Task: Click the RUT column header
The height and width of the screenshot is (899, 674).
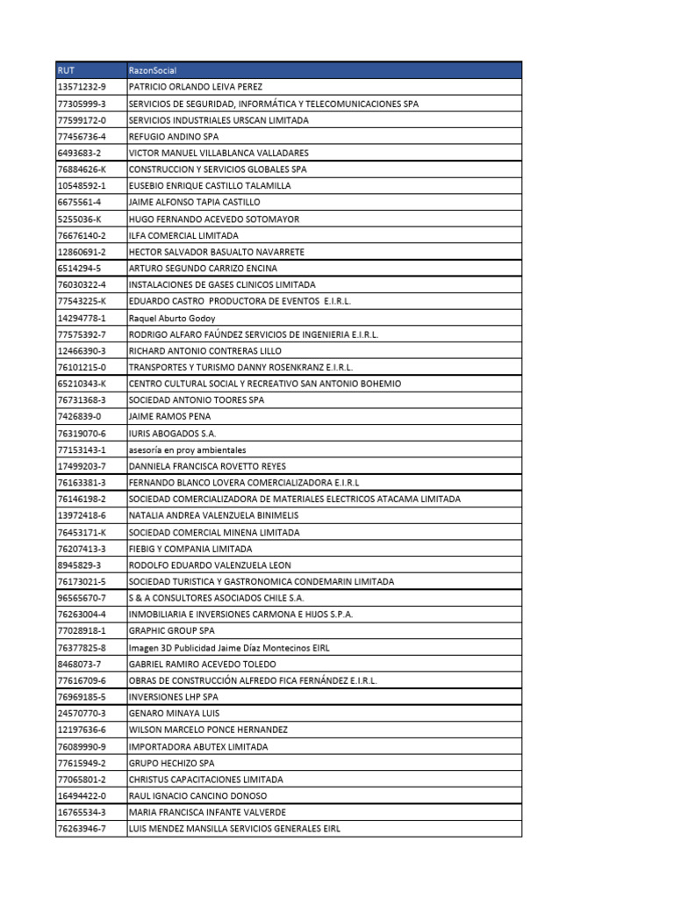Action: pyautogui.click(x=66, y=70)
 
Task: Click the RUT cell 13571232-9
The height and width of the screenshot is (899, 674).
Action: pyautogui.click(x=82, y=87)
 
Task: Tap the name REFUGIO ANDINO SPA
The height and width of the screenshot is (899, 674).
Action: pyautogui.click(x=174, y=136)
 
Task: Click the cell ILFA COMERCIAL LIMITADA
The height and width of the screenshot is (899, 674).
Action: pyautogui.click(x=183, y=235)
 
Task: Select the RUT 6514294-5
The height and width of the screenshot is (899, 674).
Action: pyautogui.click(x=79, y=268)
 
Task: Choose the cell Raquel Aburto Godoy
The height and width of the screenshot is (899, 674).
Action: pyautogui.click(x=172, y=318)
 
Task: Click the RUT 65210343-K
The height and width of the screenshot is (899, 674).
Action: pyautogui.click(x=82, y=384)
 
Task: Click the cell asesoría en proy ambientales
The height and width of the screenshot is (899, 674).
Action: pyautogui.click(x=188, y=449)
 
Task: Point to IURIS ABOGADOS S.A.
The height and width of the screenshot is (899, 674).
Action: pyautogui.click(x=172, y=433)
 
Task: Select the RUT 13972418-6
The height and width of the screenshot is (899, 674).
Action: pyautogui.click(x=82, y=515)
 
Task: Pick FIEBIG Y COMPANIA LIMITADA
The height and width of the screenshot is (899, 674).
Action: pyautogui.click(x=189, y=549)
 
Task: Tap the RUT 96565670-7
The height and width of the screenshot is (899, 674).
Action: pyautogui.click(x=82, y=598)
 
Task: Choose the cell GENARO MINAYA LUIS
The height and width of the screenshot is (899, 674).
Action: pyautogui.click(x=174, y=713)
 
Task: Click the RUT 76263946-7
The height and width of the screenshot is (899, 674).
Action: pyautogui.click(x=82, y=828)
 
